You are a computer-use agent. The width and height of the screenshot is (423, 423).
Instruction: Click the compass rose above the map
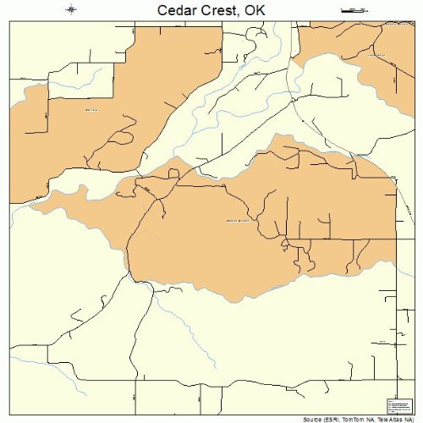tap(72, 10)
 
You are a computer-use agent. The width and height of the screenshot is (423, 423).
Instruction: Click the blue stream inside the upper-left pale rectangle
tap(72, 85)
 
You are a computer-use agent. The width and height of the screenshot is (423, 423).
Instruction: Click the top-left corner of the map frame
tap(9, 25)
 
